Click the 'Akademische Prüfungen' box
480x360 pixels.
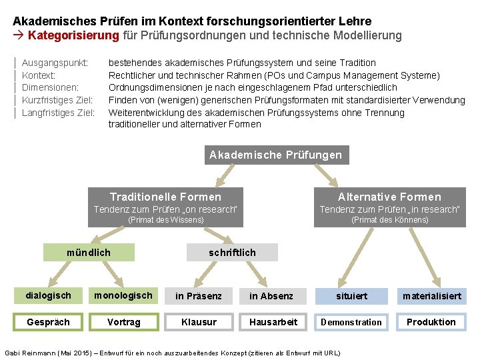coord(275,155)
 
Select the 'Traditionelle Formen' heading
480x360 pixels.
coord(165,197)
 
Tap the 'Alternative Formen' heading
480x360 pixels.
coord(389,197)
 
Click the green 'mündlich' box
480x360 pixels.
coord(89,253)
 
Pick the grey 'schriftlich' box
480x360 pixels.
coord(232,253)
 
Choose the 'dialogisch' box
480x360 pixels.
coord(48,295)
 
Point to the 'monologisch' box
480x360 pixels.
coord(123,295)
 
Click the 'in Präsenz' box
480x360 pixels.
coord(199,296)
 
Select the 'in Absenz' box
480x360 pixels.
coord(271,296)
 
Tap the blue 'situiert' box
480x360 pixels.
coord(351,296)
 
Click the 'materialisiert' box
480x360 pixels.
coord(431,296)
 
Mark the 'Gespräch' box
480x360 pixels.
coord(48,322)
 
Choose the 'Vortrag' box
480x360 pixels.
coord(124,322)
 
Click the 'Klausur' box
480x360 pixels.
coord(199,322)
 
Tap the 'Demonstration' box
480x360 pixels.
coord(351,322)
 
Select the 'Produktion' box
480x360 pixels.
coord(431,322)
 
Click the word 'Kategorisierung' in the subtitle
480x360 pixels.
coord(73,35)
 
